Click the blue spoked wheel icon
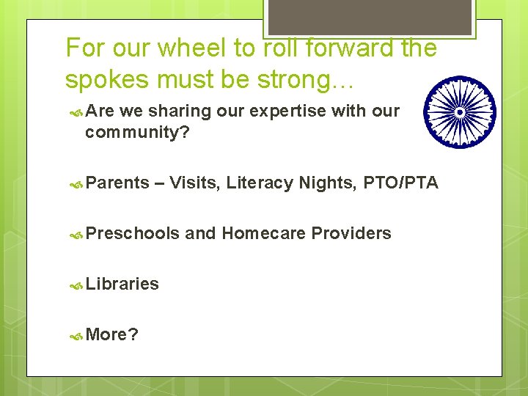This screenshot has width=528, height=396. [461, 112]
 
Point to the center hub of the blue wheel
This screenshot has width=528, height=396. [461, 112]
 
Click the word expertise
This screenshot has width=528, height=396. [286, 111]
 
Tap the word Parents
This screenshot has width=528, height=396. [117, 183]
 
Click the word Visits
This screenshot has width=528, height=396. [194, 183]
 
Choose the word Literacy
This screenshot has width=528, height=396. [260, 183]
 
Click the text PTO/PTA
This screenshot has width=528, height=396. [400, 183]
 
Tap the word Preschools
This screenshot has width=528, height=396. [132, 233]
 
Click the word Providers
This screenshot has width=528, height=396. [351, 233]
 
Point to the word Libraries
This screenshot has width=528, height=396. [122, 284]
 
